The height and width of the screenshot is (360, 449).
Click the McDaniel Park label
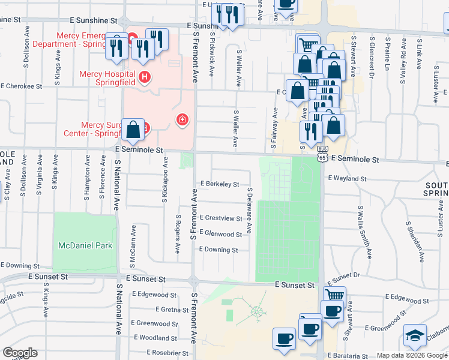pos(85,245)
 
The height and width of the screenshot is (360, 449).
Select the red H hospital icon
pos(144,77)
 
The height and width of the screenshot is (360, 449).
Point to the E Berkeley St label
pos(220,184)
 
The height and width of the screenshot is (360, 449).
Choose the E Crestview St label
pos(221,217)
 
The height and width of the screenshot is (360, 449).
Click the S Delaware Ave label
pos(249,210)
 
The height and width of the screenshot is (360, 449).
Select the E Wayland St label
pos(347,178)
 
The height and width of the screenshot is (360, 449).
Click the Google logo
pos(20,353)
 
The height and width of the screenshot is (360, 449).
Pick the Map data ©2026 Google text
pos(412,355)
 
